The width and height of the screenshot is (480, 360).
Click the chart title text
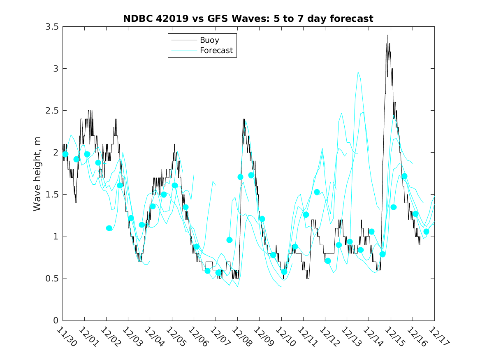click(248, 19)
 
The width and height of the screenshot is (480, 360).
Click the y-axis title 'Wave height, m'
click(37, 174)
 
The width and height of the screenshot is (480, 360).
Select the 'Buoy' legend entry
click(209, 40)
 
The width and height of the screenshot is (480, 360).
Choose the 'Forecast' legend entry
click(216, 51)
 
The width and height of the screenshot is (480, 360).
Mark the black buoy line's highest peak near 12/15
click(387, 35)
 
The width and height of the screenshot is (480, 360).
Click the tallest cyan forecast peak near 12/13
click(358, 72)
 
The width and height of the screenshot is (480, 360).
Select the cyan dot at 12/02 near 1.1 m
click(109, 228)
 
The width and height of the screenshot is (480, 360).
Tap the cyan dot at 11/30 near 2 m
click(65, 154)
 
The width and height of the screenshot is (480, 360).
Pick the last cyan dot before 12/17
click(426, 232)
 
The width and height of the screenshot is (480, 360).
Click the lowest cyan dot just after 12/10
click(284, 272)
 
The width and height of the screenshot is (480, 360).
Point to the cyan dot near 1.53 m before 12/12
click(317, 192)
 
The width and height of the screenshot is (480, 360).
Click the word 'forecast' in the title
click(353, 19)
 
